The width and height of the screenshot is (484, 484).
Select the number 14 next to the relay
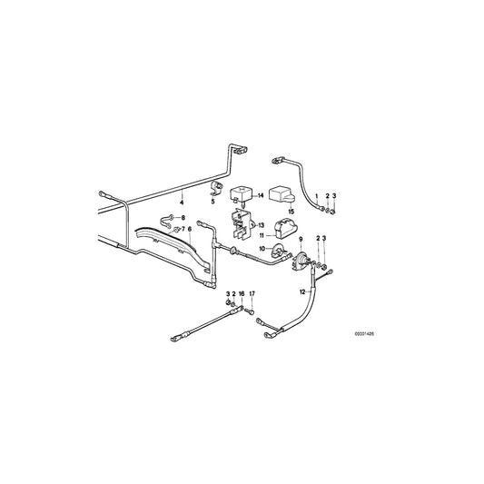[260, 194]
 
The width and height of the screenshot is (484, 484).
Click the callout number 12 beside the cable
[301, 292]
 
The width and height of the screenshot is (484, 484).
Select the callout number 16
[241, 294]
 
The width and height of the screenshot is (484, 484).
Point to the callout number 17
[252, 294]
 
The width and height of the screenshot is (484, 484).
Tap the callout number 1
[317, 196]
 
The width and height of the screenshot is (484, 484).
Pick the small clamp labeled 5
[217, 188]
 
